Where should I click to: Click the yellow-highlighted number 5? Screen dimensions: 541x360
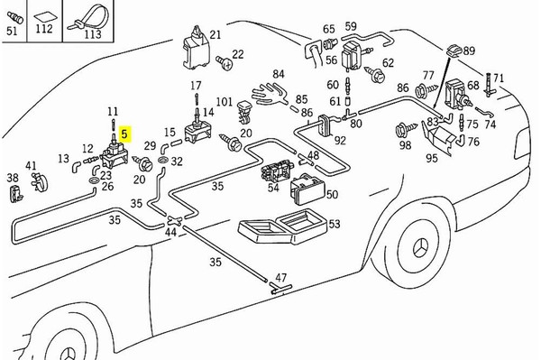[124, 134]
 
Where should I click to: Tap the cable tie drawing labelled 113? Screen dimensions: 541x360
[88, 17]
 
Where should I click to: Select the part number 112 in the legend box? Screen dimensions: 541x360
[44, 28]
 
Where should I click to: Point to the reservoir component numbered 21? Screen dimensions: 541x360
[196, 48]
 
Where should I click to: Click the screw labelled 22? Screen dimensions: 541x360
[225, 62]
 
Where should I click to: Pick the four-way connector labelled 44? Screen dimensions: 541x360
[174, 220]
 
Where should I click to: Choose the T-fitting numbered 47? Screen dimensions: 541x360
[280, 288]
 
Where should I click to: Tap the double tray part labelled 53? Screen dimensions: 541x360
[283, 226]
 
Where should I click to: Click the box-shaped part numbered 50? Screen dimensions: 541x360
[307, 189]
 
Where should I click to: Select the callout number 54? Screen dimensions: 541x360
[273, 188]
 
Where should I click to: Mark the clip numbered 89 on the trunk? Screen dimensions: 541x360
[454, 51]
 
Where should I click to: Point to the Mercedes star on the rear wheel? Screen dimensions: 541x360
[420, 247]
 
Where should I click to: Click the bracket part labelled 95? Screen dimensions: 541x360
[437, 137]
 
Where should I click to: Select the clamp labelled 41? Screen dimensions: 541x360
[40, 182]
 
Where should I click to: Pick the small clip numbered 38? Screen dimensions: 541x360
[15, 194]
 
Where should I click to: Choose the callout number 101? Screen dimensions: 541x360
[225, 102]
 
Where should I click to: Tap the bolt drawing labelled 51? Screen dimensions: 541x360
[14, 17]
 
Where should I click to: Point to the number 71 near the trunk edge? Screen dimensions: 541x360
[499, 78]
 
